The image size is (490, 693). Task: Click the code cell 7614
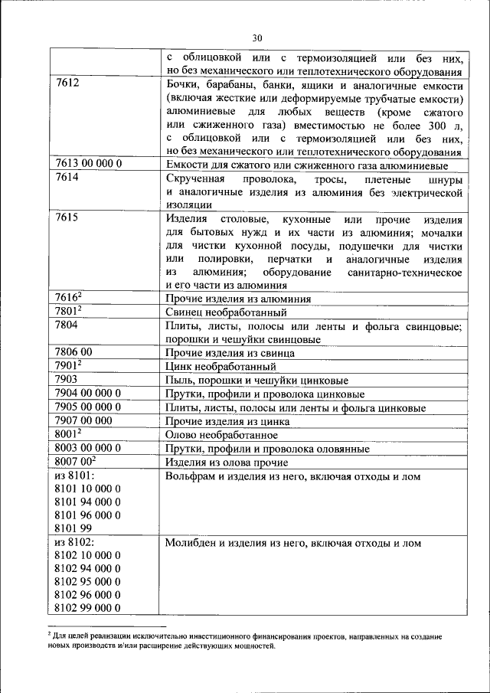[68, 178]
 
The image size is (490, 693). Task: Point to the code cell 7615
[68, 218]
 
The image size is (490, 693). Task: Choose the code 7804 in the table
[68, 325]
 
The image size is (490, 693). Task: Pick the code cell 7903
[68, 380]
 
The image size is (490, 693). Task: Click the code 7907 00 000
[85, 420]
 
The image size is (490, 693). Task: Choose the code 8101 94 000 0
[88, 502]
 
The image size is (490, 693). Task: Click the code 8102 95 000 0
[88, 580]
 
